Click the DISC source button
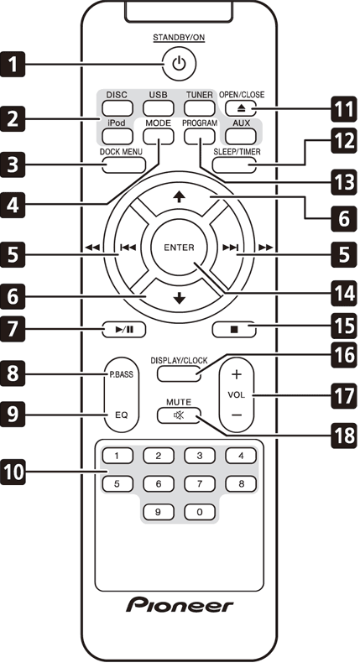(117, 107)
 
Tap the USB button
(158, 107)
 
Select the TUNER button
(200, 107)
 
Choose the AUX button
(241, 136)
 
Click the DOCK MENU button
(123, 164)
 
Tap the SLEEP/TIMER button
(235, 164)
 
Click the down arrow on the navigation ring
(180, 298)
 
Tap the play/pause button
(123, 329)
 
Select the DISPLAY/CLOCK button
(179, 373)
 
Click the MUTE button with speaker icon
(179, 415)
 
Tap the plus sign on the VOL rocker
(237, 374)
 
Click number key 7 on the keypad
(200, 484)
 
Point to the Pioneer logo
(180, 604)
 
